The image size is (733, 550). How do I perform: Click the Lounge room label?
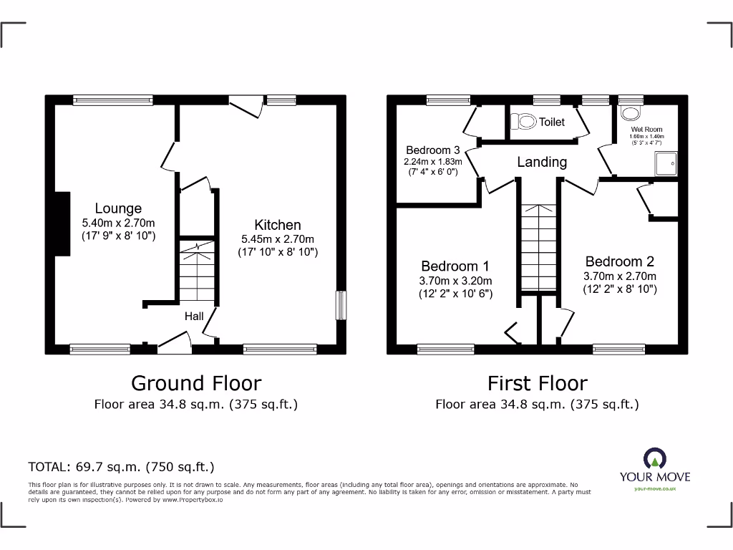point(118,208)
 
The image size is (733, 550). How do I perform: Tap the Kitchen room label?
point(278,225)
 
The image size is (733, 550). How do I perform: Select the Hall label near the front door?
point(194,316)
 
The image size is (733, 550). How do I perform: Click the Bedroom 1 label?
point(455,266)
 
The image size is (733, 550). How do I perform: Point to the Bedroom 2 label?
point(619,261)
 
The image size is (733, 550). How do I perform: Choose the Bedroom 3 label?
point(432,150)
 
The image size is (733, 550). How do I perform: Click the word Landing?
point(542,163)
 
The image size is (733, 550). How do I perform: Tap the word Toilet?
point(551,122)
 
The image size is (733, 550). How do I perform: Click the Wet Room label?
point(646,130)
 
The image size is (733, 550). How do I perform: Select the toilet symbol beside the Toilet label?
point(524,122)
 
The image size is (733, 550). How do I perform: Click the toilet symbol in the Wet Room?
point(631,113)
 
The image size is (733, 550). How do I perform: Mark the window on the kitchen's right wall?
point(341,305)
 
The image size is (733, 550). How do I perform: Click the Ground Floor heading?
point(195,383)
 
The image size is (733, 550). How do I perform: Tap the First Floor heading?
point(537,383)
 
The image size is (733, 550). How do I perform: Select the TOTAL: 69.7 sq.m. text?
point(121,467)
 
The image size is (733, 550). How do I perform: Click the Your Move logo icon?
point(655,459)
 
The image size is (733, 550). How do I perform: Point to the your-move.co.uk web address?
point(655,488)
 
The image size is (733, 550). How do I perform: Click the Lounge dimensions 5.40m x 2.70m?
point(118,223)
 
